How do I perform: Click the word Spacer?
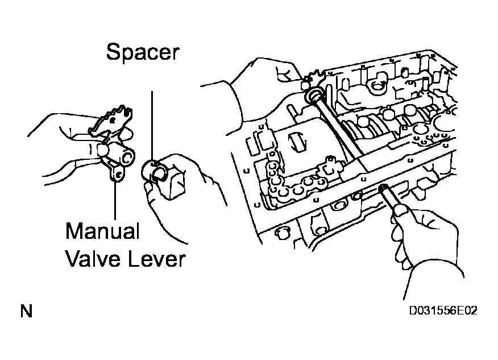tap(142, 53)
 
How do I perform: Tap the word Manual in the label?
tap(102, 232)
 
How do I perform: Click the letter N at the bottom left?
tap(26, 312)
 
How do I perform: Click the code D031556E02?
tap(443, 312)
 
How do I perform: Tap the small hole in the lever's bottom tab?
tap(118, 177)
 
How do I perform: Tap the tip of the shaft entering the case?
tap(384, 189)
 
